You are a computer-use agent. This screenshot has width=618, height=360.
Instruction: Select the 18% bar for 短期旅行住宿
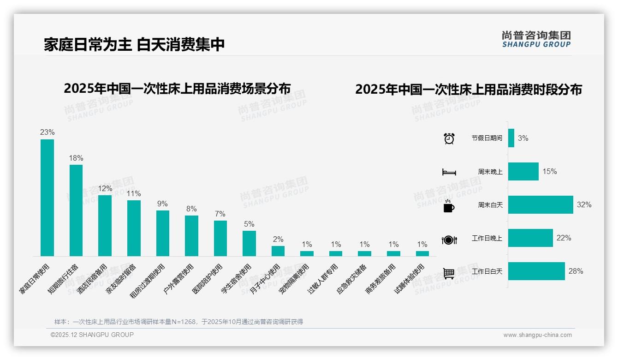pyautogui.click(x=76, y=210)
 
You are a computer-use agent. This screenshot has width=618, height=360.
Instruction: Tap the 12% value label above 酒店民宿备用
pyautogui.click(x=105, y=188)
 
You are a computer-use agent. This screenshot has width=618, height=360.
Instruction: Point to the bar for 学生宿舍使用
pyautogui.click(x=249, y=243)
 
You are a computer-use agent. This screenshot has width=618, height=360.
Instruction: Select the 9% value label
pyautogui.click(x=162, y=204)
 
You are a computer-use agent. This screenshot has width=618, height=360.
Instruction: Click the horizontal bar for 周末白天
pyautogui.click(x=540, y=204)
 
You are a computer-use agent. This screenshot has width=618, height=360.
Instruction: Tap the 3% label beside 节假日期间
pyautogui.click(x=523, y=138)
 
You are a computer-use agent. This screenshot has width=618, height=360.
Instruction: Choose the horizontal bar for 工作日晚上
pyautogui.click(x=530, y=238)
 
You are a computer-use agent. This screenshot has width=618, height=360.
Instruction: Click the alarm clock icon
pyautogui.click(x=449, y=138)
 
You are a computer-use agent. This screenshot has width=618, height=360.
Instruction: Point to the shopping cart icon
pyautogui.click(x=449, y=273)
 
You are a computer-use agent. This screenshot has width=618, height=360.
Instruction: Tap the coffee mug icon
pyautogui.click(x=449, y=206)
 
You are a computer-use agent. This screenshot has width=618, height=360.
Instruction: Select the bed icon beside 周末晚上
pyautogui.click(x=449, y=172)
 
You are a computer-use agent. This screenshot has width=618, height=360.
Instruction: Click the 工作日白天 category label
pyautogui.click(x=487, y=271)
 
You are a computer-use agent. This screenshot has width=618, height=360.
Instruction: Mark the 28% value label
pyautogui.click(x=576, y=271)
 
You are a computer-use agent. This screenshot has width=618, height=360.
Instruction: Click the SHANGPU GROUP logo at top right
pyautogui.click(x=536, y=39)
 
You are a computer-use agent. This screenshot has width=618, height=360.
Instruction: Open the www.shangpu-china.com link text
pyautogui.click(x=537, y=335)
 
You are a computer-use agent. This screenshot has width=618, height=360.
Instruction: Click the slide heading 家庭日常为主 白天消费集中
pyautogui.click(x=134, y=45)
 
